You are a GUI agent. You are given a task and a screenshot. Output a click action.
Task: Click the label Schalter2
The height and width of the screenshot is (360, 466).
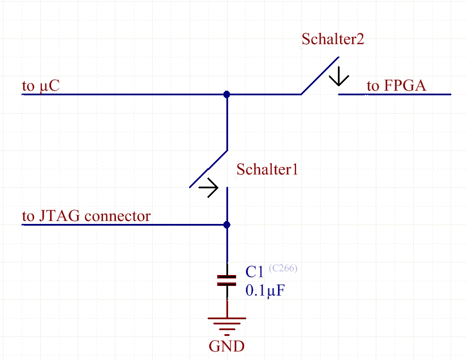click(x=333, y=39)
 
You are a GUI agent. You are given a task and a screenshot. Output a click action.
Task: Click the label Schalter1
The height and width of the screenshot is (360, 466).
click(x=267, y=169)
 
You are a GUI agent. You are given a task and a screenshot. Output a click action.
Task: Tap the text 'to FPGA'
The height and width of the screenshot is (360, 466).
click(x=396, y=86)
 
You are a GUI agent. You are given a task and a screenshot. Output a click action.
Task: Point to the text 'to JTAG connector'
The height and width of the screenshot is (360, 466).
click(x=86, y=216)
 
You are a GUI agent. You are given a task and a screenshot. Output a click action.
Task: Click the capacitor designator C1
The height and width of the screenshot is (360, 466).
click(x=254, y=272)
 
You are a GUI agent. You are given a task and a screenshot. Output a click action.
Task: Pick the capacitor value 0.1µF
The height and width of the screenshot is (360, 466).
click(x=265, y=291)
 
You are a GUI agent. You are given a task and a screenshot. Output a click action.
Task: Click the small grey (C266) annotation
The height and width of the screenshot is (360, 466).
click(x=283, y=268)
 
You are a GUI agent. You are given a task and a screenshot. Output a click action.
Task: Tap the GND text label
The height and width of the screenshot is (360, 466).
click(x=226, y=347)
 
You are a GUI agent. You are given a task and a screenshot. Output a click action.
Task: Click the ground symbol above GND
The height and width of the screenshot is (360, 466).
click(x=227, y=324)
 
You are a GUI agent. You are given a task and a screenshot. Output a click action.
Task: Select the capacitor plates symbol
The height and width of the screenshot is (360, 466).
click(x=227, y=280)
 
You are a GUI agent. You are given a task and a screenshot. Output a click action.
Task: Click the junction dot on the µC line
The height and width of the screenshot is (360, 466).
click(x=227, y=94)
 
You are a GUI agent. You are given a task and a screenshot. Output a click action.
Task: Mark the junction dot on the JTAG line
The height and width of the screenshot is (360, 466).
click(x=227, y=224)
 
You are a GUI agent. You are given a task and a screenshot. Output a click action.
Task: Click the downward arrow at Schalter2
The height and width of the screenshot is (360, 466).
click(x=338, y=76)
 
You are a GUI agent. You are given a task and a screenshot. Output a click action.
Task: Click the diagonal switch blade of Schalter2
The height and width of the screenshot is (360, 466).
click(x=320, y=75)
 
